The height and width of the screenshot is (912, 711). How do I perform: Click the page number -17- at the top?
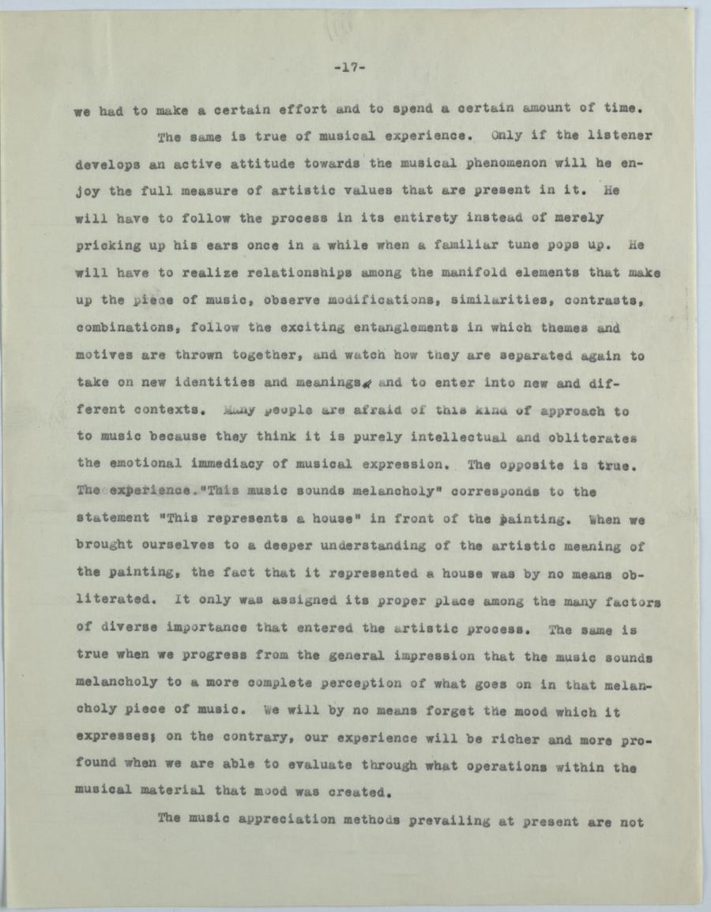pyautogui.click(x=348, y=68)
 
